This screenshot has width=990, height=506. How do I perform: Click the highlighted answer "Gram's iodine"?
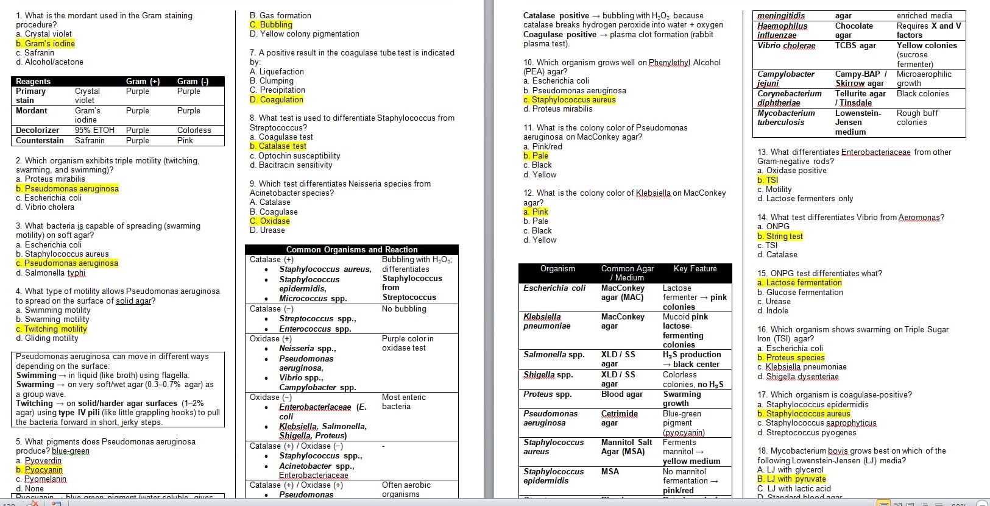coord(46,43)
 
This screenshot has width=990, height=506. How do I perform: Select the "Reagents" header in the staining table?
coord(34,81)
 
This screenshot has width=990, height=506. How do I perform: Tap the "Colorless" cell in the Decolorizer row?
coord(194,130)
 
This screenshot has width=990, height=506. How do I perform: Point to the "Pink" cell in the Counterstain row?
coord(185,140)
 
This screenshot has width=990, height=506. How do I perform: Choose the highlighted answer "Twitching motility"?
coord(51,329)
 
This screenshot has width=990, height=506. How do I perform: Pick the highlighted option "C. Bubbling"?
coord(271,24)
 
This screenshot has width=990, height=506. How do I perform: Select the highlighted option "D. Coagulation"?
coord(277,99)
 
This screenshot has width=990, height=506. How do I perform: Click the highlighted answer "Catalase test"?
coord(278,146)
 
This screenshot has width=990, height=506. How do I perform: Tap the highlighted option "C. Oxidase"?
coord(270,221)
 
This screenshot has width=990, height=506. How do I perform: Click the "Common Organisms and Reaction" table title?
coord(352,249)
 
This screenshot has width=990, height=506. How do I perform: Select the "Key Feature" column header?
coord(695,268)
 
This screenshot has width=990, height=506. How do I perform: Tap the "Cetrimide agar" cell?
coord(619,418)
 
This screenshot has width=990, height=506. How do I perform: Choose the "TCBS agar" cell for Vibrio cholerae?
coord(855,45)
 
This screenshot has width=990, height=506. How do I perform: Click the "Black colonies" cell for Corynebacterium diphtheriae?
coord(922,93)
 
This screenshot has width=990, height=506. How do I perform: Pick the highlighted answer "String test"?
coord(780,236)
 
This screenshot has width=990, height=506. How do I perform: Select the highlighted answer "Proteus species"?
coord(791,357)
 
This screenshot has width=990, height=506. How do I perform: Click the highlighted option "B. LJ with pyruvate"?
coord(792,479)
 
